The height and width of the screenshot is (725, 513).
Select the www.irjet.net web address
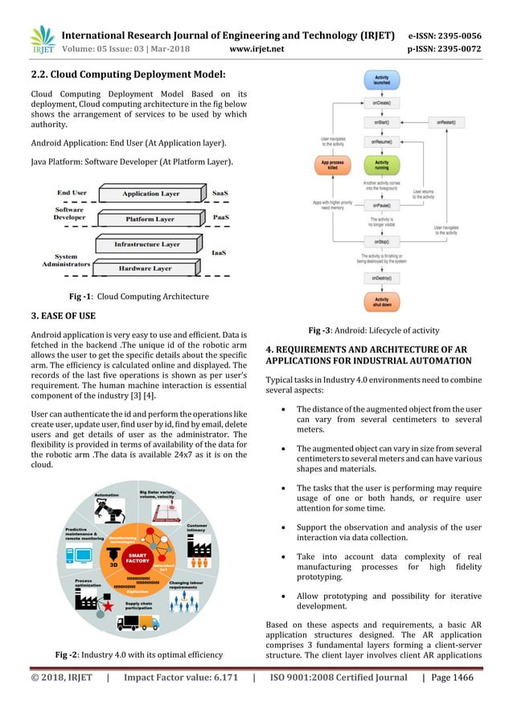[255, 48]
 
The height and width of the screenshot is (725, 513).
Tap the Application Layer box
[150, 194]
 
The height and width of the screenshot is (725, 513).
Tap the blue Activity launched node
[383, 82]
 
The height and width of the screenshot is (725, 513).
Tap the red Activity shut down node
[383, 303]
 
